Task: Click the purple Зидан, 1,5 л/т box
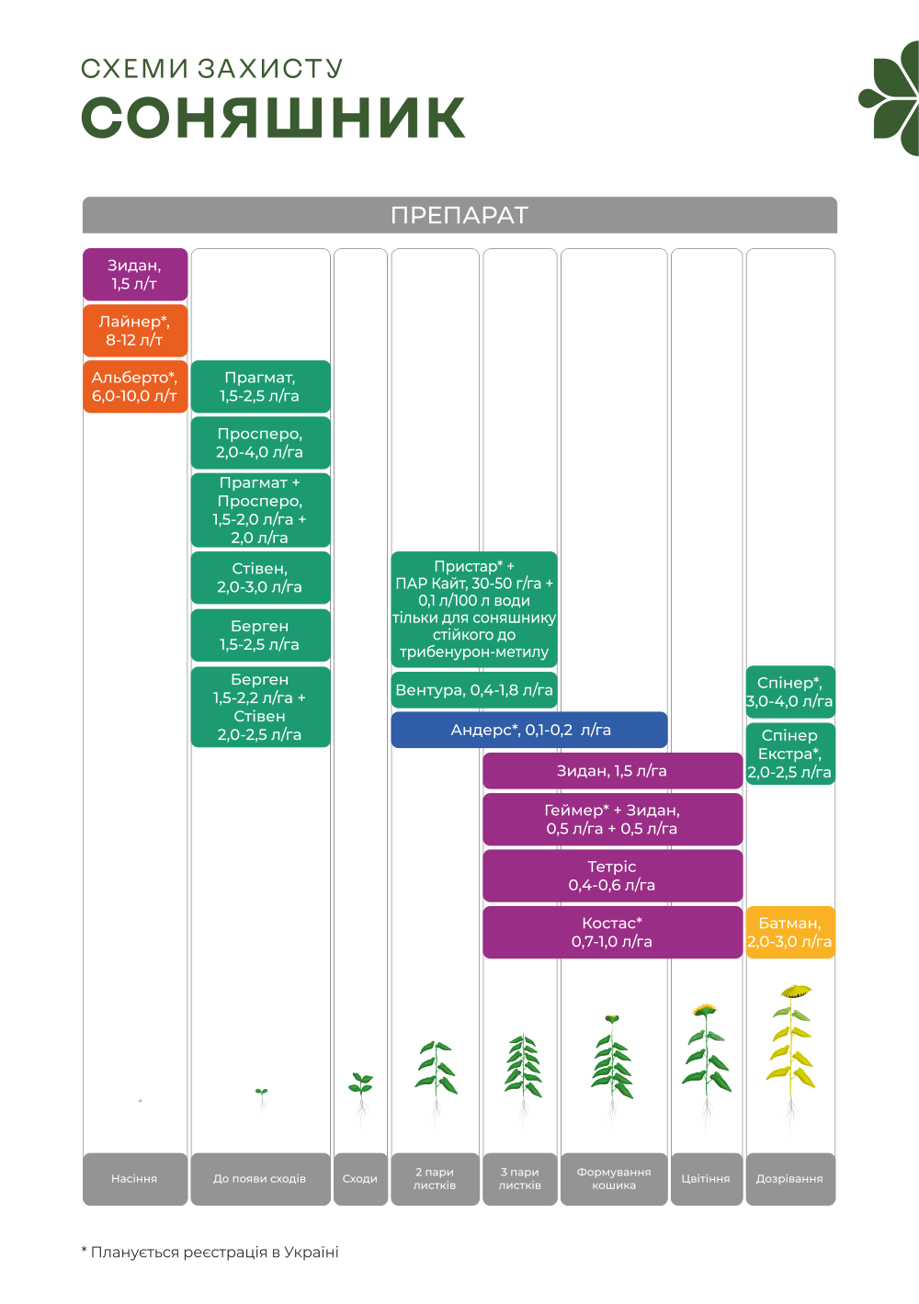click(135, 275)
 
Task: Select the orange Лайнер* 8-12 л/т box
click(135, 331)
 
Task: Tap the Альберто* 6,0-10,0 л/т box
click(135, 387)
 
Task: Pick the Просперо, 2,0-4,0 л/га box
click(260, 443)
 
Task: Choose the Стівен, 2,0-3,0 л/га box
click(260, 578)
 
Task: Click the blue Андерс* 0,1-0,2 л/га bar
click(529, 730)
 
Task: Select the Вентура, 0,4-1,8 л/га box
click(474, 690)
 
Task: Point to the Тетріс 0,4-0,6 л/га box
click(612, 876)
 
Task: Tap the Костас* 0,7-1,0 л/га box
click(612, 932)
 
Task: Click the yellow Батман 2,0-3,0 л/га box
click(790, 932)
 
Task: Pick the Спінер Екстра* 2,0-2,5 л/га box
click(790, 754)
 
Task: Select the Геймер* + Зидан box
click(612, 819)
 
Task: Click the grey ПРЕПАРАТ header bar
click(459, 215)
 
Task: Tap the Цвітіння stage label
click(706, 1178)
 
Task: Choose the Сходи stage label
click(360, 1178)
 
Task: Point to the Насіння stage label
click(135, 1178)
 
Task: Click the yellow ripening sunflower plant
click(791, 1048)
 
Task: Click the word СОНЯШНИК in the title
click(274, 118)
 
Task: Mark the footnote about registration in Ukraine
click(210, 1252)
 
